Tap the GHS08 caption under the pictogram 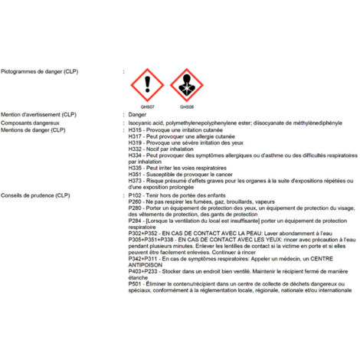186,107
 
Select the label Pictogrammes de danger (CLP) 40,71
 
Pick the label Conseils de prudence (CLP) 37,196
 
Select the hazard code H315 136,130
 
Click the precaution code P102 136,196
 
